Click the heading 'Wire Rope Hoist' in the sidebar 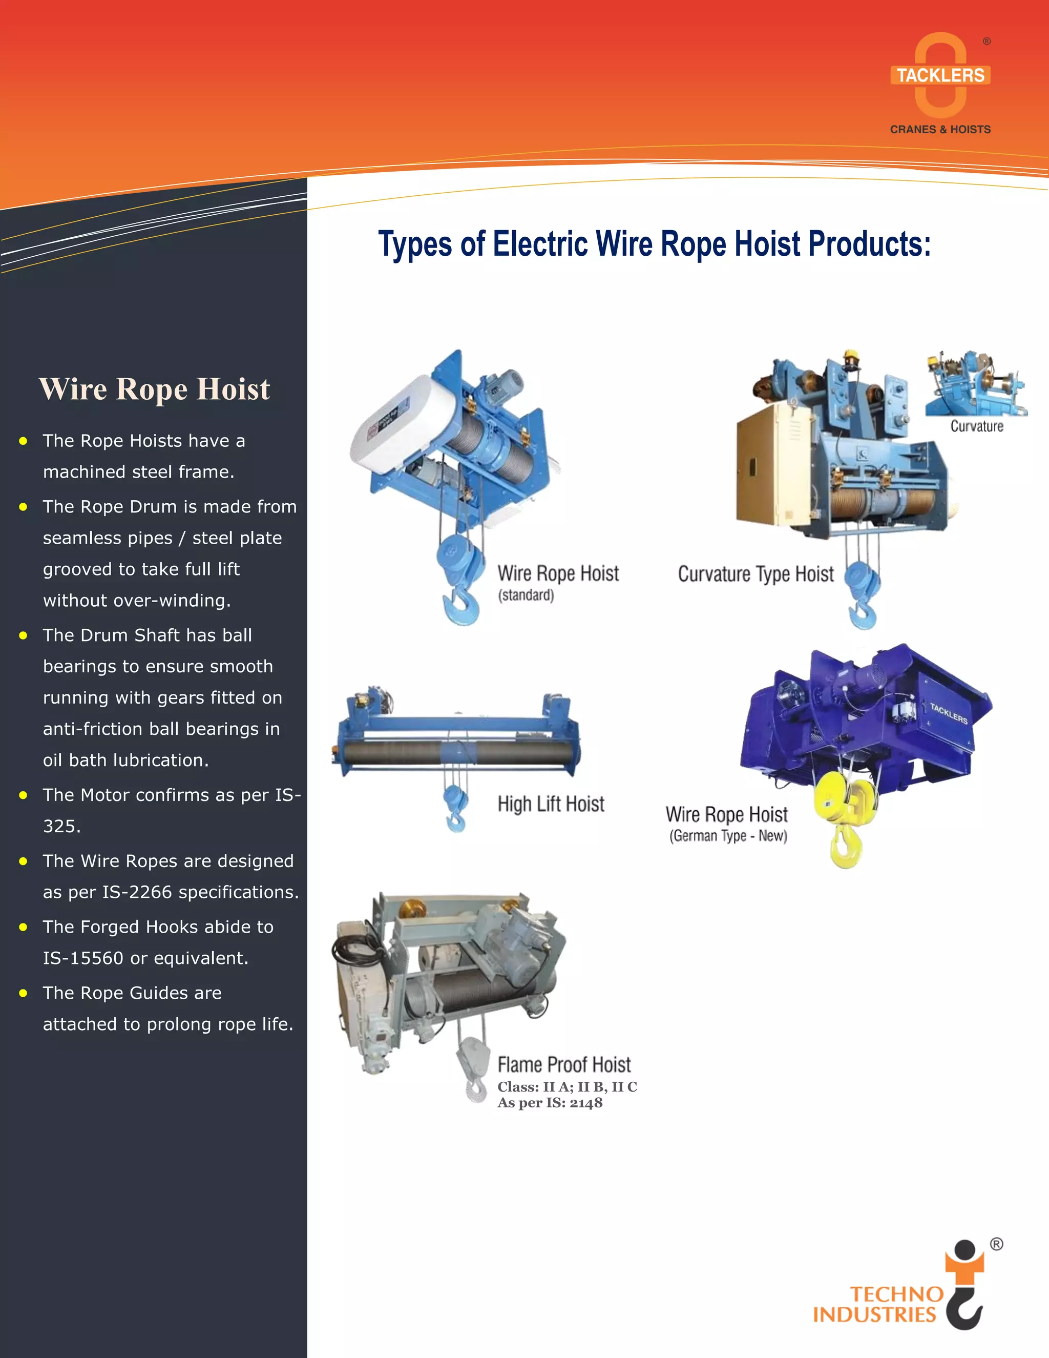click(x=154, y=389)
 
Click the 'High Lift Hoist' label click(x=551, y=804)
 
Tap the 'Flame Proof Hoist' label click(x=563, y=1064)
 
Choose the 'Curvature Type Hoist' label click(x=755, y=574)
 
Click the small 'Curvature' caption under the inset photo click(x=976, y=426)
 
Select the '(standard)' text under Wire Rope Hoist click(x=526, y=595)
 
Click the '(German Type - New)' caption click(x=728, y=836)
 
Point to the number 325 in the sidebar click(x=61, y=827)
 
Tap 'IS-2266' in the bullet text click(x=137, y=892)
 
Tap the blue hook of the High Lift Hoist click(x=455, y=820)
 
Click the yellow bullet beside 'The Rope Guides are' click(x=24, y=993)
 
